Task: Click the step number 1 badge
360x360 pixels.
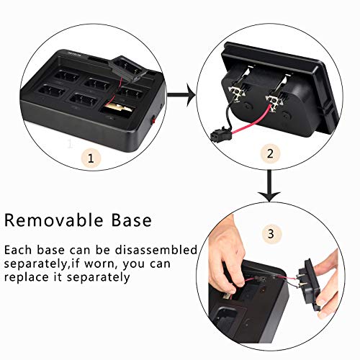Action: click(x=91, y=158)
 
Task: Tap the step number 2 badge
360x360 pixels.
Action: click(x=270, y=153)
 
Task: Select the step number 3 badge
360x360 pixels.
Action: click(x=271, y=234)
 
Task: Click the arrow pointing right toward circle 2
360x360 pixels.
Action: click(x=182, y=95)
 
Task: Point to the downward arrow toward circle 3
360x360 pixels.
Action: click(x=270, y=186)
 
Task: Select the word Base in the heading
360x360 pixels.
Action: click(x=132, y=220)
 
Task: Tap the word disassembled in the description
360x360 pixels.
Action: click(x=156, y=250)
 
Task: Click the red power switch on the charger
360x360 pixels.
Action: click(x=153, y=121)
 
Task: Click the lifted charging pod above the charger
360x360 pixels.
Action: click(x=127, y=68)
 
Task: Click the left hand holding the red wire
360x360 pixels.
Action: click(x=227, y=256)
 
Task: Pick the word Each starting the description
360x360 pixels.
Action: click(x=18, y=250)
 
